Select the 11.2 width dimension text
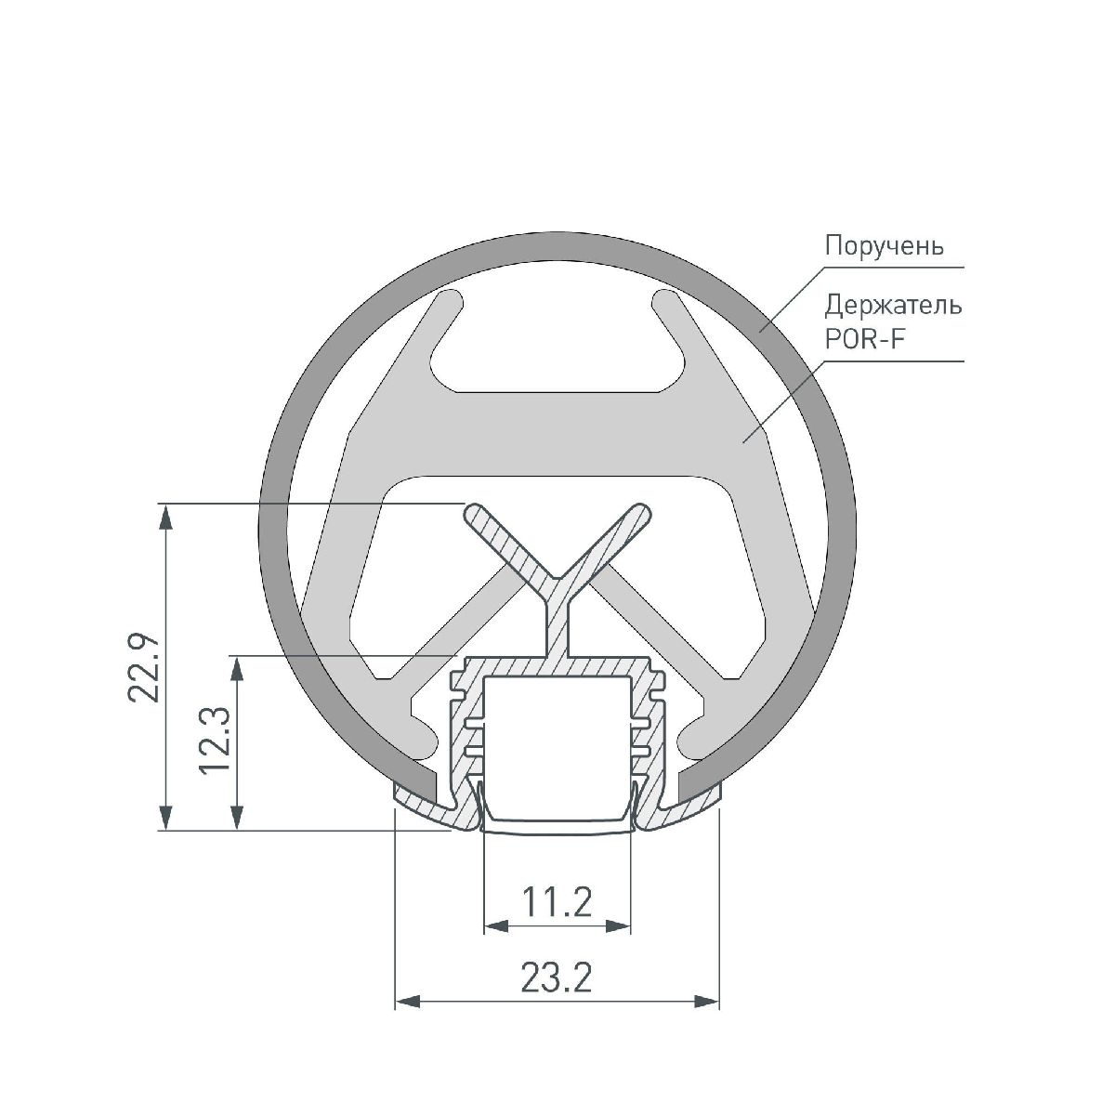click(557, 901)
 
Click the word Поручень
click(885, 246)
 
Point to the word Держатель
click(893, 305)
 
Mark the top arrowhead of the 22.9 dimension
click(166, 515)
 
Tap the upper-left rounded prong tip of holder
click(451, 301)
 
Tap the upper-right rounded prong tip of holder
click(664, 301)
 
